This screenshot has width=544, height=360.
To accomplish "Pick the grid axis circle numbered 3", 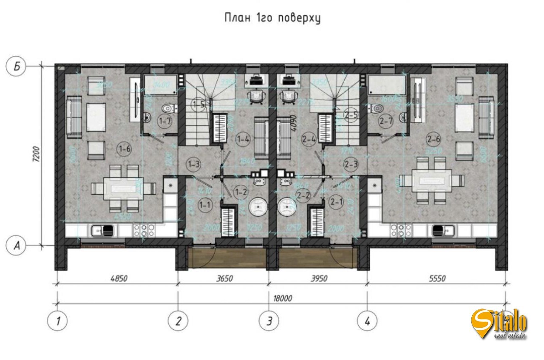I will [269, 321].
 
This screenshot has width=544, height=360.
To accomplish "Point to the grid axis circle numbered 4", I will [367, 321].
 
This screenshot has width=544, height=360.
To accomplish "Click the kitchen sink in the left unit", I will [102, 231].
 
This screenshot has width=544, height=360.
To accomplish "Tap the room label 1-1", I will [206, 205].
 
